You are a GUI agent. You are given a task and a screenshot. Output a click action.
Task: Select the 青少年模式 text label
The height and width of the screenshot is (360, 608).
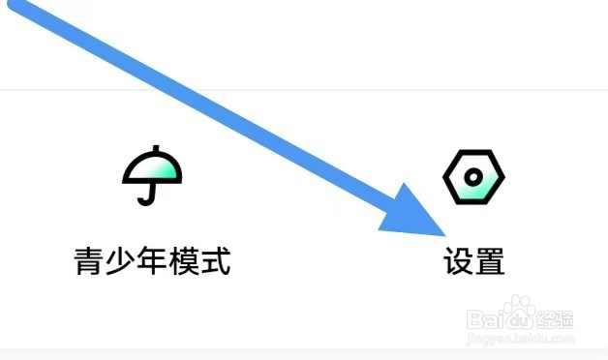click(153, 260)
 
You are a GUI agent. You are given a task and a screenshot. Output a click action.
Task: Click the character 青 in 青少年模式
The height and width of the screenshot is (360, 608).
click(91, 260)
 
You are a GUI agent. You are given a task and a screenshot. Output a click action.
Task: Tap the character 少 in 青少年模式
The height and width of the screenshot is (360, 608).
click(122, 260)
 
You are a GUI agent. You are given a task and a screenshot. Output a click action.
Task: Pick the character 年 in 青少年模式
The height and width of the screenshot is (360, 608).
click(153, 260)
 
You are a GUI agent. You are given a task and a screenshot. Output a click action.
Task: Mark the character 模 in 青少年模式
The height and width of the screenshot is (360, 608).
click(184, 260)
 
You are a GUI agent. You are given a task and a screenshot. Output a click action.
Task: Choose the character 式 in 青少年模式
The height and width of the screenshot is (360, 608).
click(215, 260)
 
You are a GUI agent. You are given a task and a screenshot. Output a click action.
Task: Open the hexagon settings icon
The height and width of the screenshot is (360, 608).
click(473, 177)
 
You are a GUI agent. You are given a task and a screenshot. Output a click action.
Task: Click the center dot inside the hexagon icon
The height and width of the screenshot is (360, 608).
click(473, 178)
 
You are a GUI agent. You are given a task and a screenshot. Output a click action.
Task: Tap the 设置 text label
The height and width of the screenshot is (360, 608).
click(474, 260)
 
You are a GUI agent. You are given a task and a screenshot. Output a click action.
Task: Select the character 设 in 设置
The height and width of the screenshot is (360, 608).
click(459, 260)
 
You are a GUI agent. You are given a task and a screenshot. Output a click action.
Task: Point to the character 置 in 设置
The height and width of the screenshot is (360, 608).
click(490, 260)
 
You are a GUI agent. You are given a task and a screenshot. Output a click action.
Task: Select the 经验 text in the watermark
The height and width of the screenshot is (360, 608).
click(557, 317)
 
